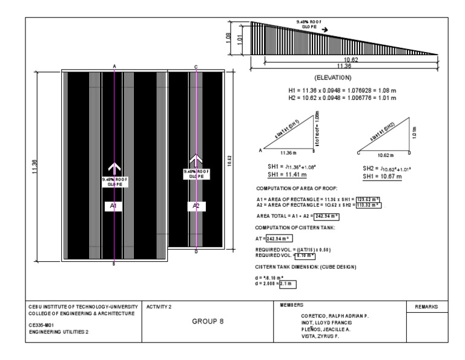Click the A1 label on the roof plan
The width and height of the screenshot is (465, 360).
(113, 207)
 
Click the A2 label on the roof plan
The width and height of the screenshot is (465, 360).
(196, 207)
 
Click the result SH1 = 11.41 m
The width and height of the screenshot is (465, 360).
(282, 176)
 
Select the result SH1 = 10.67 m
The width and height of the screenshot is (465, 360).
(383, 176)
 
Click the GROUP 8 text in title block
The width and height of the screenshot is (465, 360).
(209, 321)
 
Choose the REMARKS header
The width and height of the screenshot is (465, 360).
(426, 307)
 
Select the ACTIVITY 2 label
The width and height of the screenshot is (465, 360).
(159, 307)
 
